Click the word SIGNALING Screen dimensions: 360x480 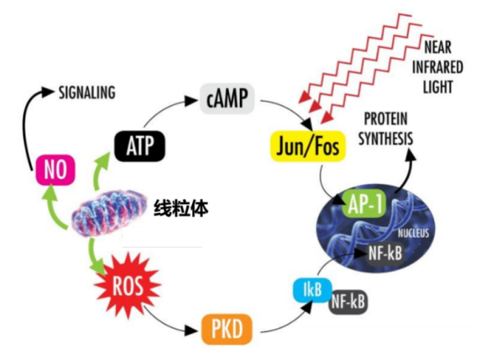point(88,94)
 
